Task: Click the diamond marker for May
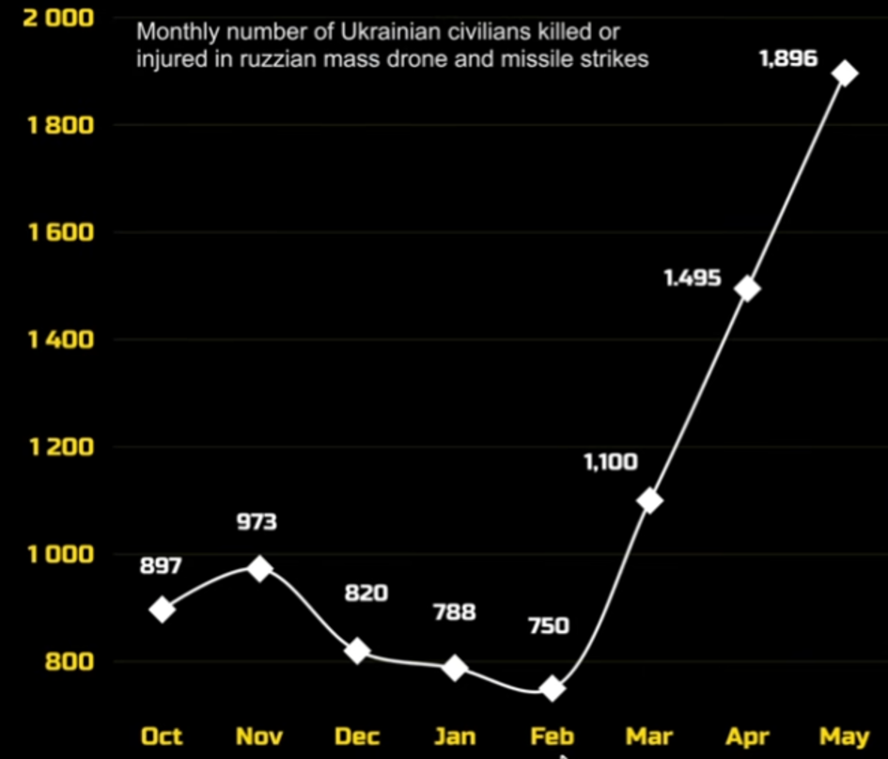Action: coord(845,73)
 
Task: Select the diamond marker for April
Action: coord(748,289)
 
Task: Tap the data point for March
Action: coord(649,500)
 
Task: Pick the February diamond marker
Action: coord(553,688)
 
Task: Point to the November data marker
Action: coord(260,568)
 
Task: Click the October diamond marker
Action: coord(162,609)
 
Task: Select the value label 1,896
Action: coord(789,58)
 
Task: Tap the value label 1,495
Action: coord(693,277)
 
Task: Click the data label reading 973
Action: coord(257,521)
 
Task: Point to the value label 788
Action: coord(455,612)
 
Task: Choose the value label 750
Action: coord(549,625)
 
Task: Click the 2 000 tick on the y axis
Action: coord(58,18)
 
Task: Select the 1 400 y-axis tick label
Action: coord(61,340)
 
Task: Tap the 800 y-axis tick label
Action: coord(70,661)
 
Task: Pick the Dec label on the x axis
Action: coord(357,736)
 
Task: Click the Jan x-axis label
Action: coord(455,736)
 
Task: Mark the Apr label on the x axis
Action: coord(748,736)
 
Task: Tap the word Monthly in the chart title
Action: coord(178,32)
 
